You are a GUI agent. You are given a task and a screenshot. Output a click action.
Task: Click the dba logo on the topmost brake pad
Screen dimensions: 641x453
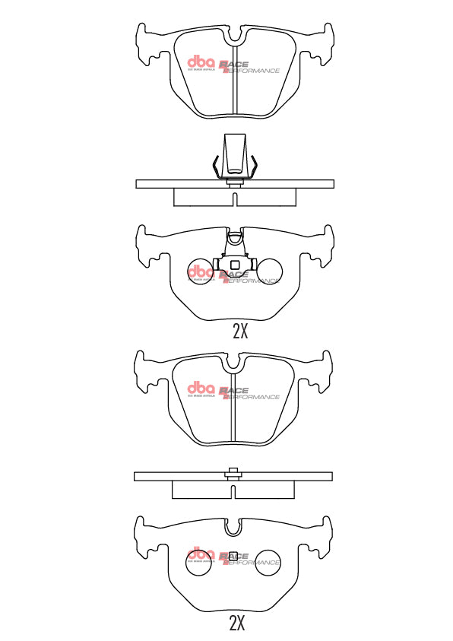(x=201, y=64)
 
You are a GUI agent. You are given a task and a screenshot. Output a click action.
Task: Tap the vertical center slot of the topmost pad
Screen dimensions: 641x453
(x=234, y=95)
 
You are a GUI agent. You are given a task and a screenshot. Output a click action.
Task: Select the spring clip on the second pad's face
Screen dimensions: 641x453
(x=234, y=255)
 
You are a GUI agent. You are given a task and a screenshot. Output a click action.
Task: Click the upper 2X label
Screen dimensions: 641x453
(x=240, y=331)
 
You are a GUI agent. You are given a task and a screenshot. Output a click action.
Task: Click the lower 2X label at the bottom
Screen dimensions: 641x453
(x=237, y=624)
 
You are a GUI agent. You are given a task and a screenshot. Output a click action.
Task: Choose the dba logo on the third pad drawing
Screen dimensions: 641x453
(x=201, y=389)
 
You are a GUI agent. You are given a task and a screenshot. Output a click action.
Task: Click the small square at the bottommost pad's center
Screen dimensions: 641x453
(x=234, y=554)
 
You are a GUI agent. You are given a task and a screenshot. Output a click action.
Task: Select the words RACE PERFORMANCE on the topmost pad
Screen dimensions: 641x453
(x=249, y=68)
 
